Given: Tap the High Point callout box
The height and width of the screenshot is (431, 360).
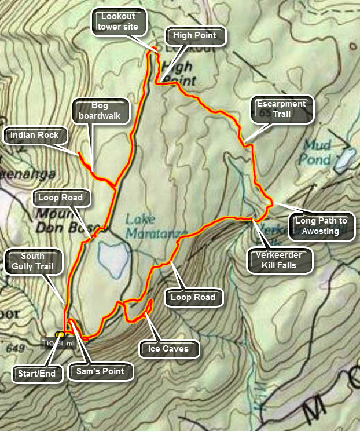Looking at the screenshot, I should [194, 36].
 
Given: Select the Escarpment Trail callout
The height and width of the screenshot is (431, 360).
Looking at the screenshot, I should [281, 109].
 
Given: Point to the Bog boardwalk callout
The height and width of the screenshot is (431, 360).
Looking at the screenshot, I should [100, 111].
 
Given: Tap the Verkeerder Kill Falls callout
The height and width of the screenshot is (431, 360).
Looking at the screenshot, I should [280, 260].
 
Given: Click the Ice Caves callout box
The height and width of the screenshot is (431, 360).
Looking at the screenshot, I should [169, 349].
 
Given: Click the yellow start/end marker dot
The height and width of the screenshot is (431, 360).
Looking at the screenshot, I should [60, 335].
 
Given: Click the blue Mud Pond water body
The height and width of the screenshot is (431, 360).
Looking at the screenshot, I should [346, 156].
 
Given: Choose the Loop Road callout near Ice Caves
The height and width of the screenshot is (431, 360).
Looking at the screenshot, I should [193, 298].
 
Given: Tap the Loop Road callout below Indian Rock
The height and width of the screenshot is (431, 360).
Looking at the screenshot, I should [61, 198].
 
